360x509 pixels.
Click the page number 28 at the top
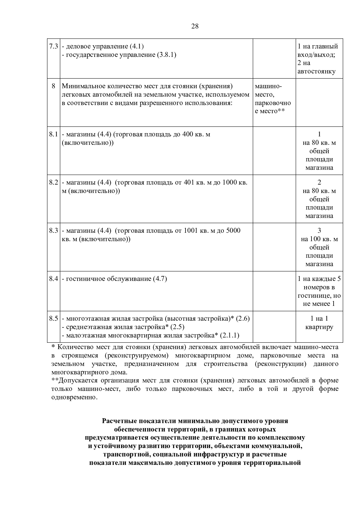point(195,26)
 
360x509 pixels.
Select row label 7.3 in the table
point(53,46)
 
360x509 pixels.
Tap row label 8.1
point(53,134)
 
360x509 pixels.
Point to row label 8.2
point(53,183)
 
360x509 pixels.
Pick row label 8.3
point(53,231)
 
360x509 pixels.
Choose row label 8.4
point(53,279)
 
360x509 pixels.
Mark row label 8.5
point(53,319)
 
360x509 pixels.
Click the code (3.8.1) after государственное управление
point(167,55)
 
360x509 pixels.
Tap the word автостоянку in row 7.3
point(316,71)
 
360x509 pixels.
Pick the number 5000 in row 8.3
point(233,231)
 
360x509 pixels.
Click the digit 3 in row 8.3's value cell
point(319,231)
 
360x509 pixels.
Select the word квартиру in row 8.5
point(319,327)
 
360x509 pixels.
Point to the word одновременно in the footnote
point(74,397)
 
